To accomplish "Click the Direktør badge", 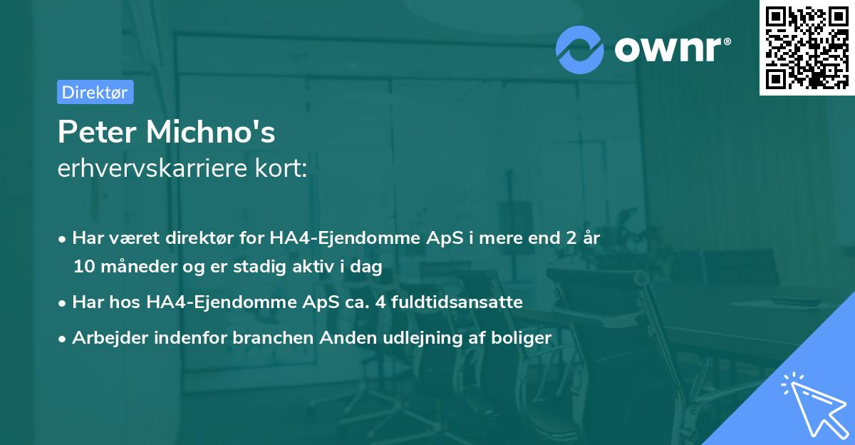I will (95, 92).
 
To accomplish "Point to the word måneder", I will (131, 267).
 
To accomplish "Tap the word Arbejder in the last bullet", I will (107, 338).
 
